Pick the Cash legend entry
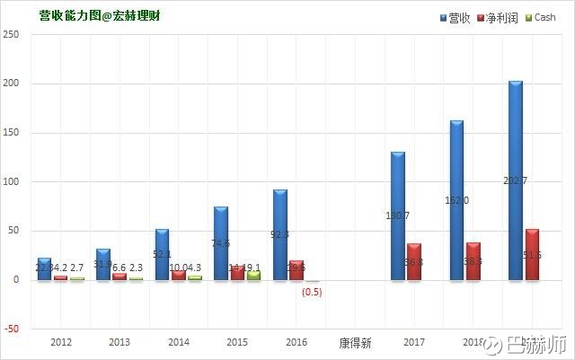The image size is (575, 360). [x=539, y=17]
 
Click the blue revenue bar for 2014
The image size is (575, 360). [x=162, y=255]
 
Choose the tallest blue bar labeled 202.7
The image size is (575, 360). [x=515, y=180]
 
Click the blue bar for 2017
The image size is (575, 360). [x=398, y=215]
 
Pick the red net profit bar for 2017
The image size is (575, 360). [x=414, y=261]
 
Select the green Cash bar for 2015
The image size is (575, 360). [x=253, y=275]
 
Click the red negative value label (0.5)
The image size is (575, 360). [x=312, y=291]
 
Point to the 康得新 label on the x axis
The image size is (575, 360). [x=356, y=342]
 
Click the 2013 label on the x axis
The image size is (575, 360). [x=119, y=342]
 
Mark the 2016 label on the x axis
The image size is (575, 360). [x=296, y=342]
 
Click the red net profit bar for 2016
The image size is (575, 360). [x=296, y=270]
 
